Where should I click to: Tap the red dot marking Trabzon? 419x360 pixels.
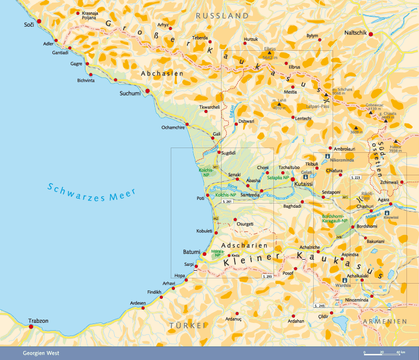click(31, 327)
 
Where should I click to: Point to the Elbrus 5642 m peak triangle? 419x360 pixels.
click(269, 53)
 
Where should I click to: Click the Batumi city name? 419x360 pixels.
click(191, 252)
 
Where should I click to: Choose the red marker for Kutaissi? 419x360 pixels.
click(293, 179)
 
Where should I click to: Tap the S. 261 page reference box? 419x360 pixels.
click(227, 201)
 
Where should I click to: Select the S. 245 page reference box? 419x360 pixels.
click(319, 305)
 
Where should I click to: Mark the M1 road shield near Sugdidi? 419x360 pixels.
click(215, 166)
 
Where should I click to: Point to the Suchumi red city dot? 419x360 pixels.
click(148, 91)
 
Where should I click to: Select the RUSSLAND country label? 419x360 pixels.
click(222, 16)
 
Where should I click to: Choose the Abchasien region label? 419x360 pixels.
click(162, 74)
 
